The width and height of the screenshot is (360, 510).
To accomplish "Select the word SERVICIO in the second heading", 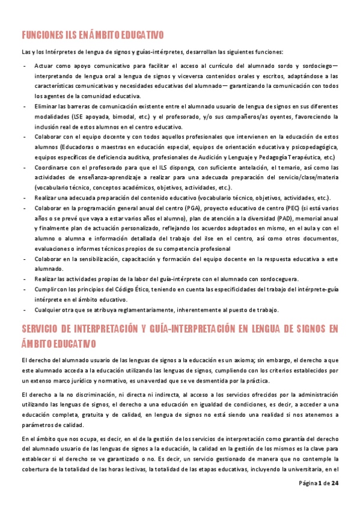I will (42, 328).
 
